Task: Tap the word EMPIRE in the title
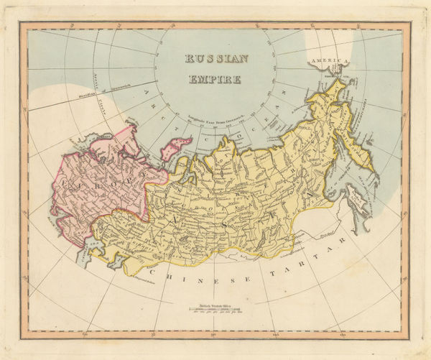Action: click(215, 78)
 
